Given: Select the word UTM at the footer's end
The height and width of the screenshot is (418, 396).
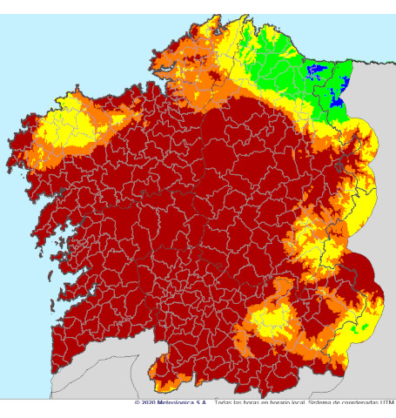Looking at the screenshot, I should tap(388, 403).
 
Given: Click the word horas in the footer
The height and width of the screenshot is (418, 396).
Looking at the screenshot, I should tap(246, 403).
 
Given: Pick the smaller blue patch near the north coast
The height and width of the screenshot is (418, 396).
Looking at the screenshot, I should tap(317, 69).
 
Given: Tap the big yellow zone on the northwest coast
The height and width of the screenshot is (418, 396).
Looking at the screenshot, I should tap(65, 126).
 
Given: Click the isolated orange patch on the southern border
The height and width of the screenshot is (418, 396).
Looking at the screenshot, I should tap(165, 374).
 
